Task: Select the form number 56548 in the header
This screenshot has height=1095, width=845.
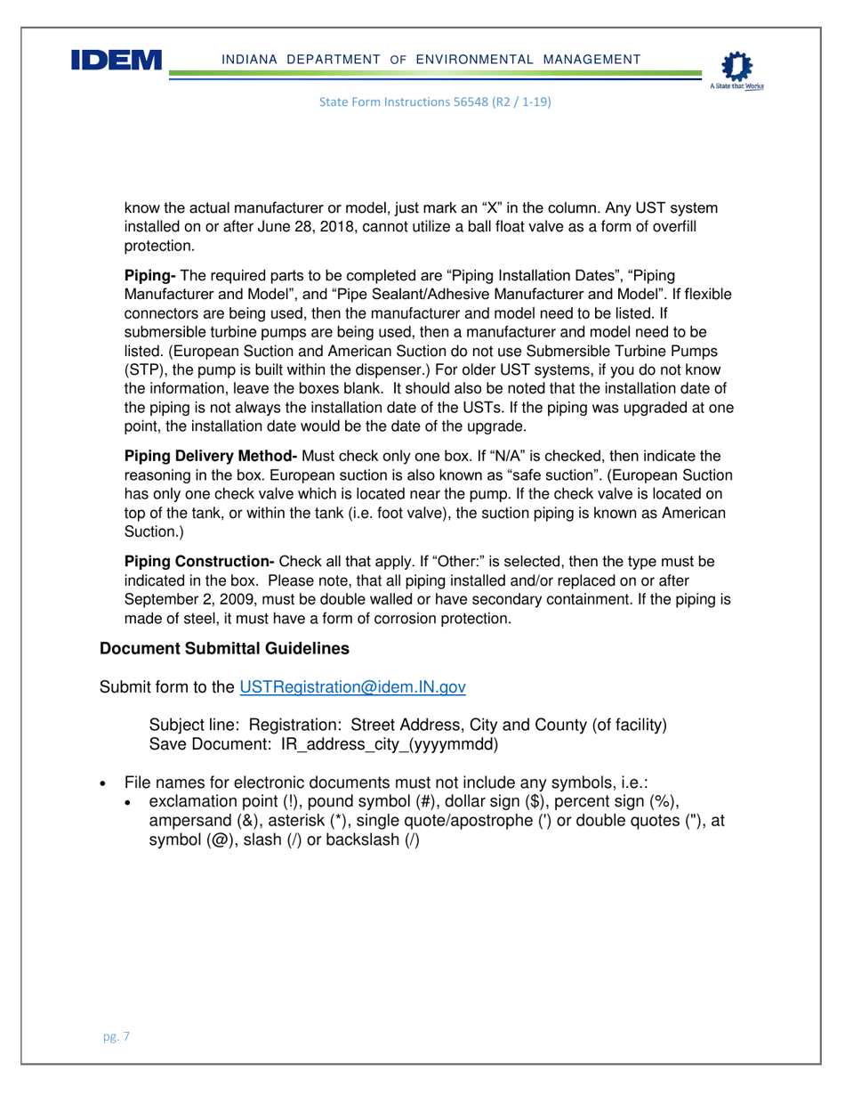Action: tap(463, 102)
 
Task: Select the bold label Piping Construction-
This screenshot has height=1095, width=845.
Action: tap(200, 562)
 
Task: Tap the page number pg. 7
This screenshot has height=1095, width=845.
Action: tap(116, 1036)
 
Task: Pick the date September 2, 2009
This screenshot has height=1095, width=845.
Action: tap(195, 601)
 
